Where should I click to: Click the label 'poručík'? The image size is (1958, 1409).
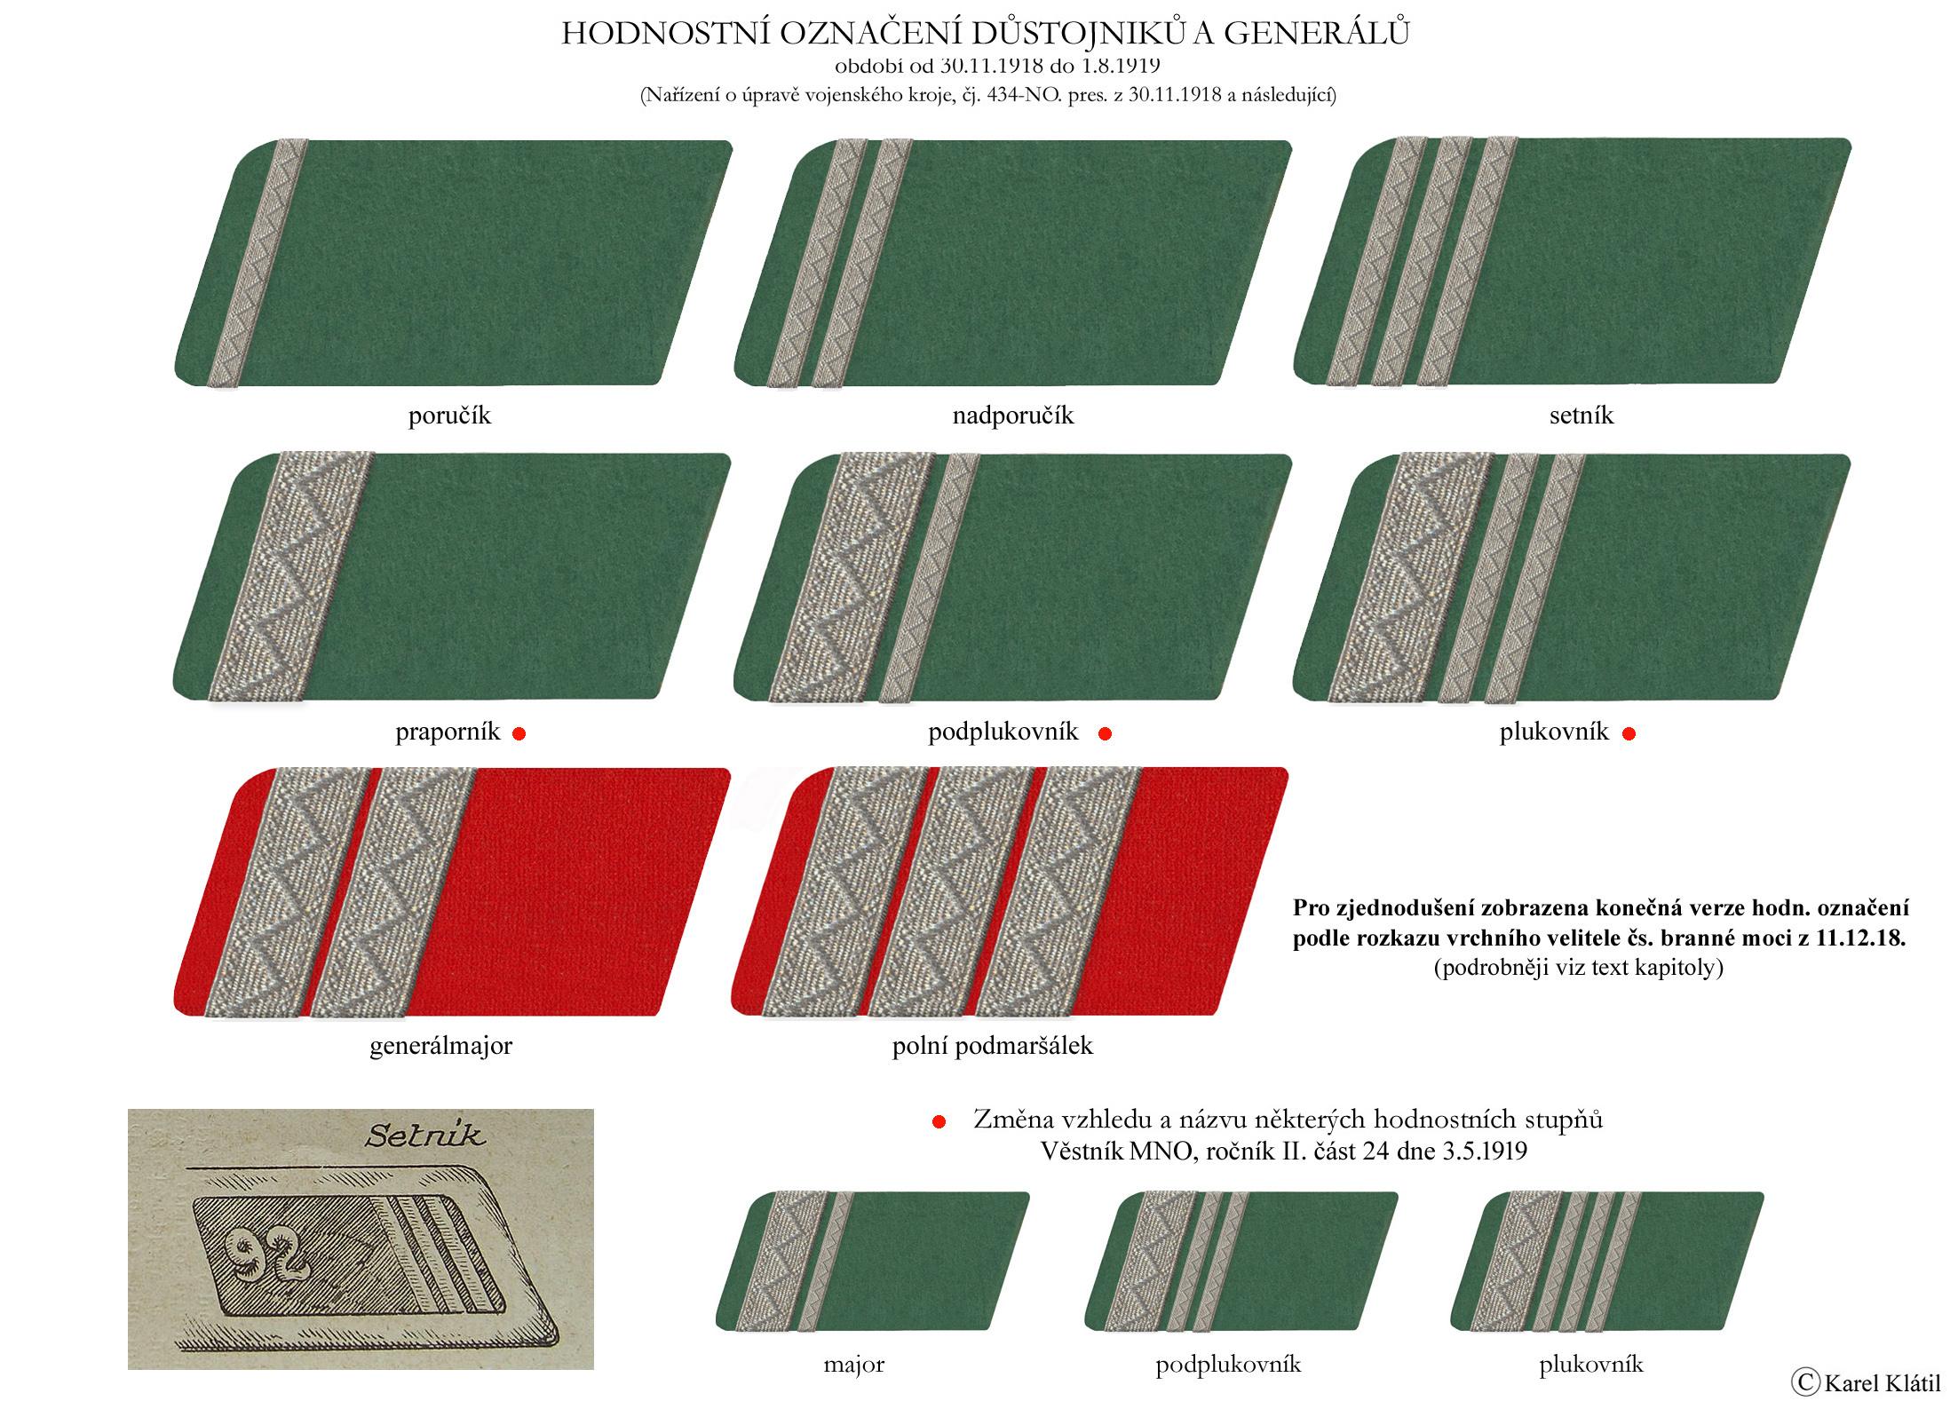(449, 416)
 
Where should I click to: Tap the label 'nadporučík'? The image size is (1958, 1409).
(1013, 416)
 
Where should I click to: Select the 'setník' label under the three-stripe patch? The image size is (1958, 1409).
(1581, 416)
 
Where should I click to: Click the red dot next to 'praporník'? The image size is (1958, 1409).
(519, 733)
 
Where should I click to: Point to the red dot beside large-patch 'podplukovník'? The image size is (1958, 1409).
(1106, 733)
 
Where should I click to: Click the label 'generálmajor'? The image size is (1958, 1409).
(440, 1046)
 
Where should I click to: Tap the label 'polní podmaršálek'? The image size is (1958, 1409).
(992, 1046)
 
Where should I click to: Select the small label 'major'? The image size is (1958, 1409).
(853, 1364)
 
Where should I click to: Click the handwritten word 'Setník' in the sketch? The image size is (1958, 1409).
(426, 1136)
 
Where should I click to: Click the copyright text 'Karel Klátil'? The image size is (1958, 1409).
(1882, 1382)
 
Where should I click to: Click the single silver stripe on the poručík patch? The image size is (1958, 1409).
(258, 264)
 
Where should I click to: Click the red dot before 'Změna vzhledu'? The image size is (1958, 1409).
(939, 1122)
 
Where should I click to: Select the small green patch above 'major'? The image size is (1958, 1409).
(873, 1261)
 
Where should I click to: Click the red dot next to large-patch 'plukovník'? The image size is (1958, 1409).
(1629, 733)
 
